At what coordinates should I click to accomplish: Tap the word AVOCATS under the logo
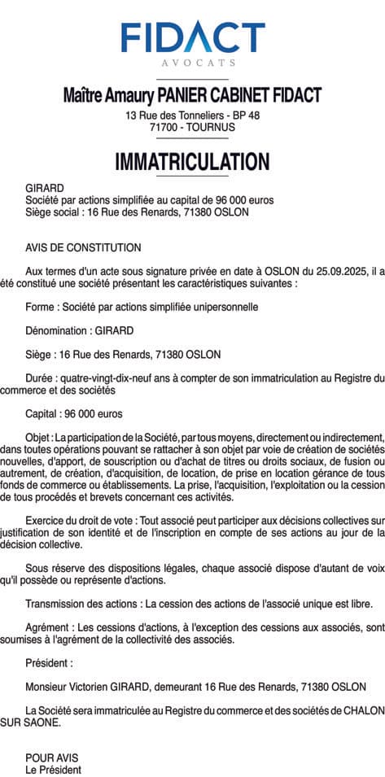pos(192,62)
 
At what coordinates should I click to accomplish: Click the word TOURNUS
pos(214,128)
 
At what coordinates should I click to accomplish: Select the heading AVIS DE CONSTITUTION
pos(83,247)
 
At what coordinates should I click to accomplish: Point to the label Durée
pos(42,378)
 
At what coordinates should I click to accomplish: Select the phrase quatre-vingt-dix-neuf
pos(108,378)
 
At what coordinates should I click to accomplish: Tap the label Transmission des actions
pos(82,604)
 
